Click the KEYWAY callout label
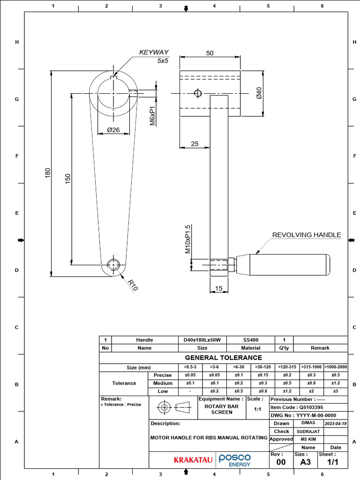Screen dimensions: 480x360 (154, 52)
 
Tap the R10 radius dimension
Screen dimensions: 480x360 (133, 285)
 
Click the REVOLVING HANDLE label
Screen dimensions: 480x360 (307, 235)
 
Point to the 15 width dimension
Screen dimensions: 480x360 (218, 289)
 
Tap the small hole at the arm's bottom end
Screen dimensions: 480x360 (113, 264)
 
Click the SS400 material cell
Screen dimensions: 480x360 (251, 340)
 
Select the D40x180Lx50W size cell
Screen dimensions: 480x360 (202, 340)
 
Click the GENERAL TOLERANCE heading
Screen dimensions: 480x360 (223, 358)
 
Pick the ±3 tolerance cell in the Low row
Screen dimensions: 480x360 (336, 391)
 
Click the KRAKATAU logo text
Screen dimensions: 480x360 (193, 460)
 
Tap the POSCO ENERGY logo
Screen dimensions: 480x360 (235, 460)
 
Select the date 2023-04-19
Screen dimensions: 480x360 (335, 423)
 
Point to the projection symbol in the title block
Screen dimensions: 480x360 (173, 407)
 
